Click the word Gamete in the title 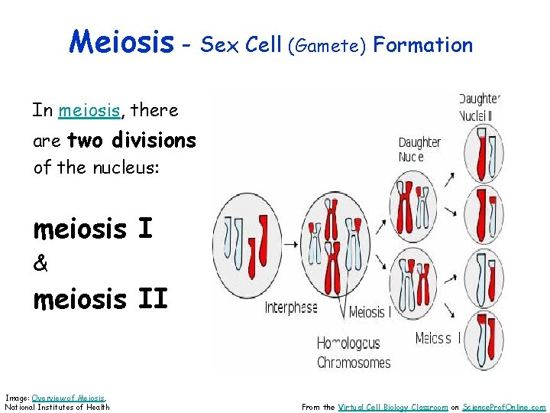pos(328,46)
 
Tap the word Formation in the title pos(423,44)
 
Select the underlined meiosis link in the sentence pos(89,110)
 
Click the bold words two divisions pos(131,141)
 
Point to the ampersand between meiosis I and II pos(40,264)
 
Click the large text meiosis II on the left pos(100,298)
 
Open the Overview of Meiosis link pos(69,398)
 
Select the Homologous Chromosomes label pos(353,353)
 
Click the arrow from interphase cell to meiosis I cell pos(291,245)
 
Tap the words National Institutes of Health pos(57,407)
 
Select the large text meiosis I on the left pos(92,229)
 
